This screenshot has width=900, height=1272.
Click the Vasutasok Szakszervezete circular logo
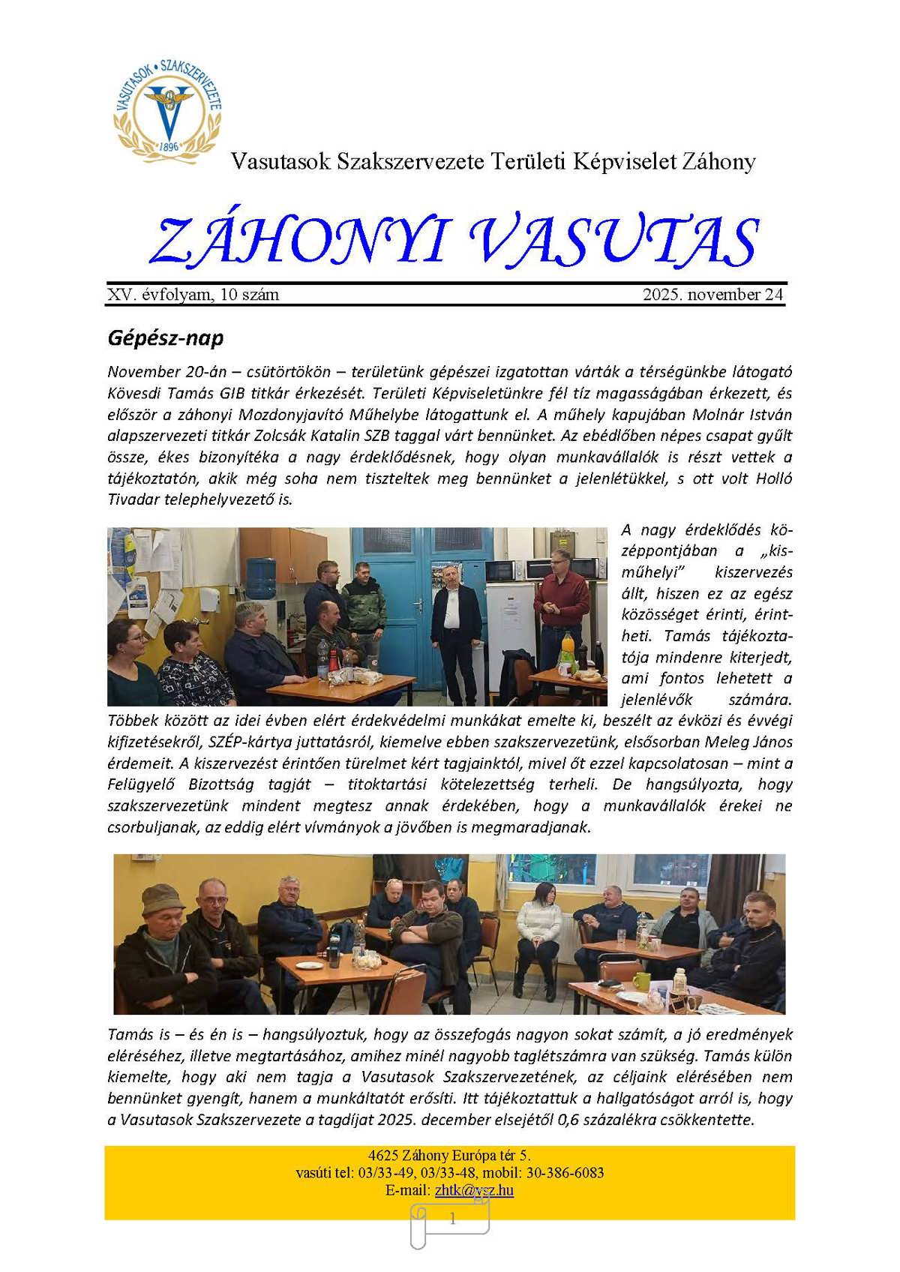point(168,109)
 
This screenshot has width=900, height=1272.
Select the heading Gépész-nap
point(166,338)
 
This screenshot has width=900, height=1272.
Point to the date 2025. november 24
point(712,295)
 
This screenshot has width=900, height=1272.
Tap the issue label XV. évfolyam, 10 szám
point(193,295)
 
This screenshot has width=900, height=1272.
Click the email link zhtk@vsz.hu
point(474,1189)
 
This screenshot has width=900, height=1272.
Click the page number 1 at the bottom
point(452,1219)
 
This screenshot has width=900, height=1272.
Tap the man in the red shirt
point(562,600)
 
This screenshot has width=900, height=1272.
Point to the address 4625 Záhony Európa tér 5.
point(449,1155)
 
